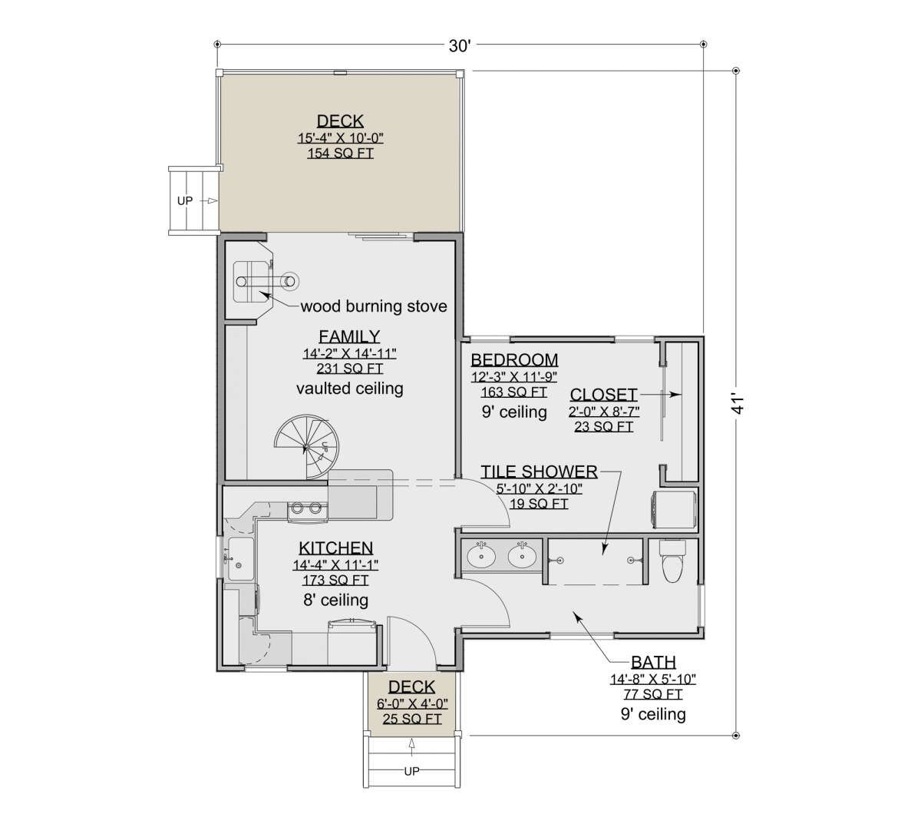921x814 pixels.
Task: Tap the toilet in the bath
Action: pos(672,561)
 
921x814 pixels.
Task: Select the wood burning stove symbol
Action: pos(264,282)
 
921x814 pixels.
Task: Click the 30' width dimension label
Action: pos(460,45)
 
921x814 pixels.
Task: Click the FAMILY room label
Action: pos(349,336)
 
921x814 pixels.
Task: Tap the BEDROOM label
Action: pos(514,360)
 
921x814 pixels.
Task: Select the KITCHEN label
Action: pos(336,548)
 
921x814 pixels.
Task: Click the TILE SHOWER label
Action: pos(539,472)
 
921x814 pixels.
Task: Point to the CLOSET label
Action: pos(604,394)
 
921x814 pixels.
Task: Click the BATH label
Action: pos(653,662)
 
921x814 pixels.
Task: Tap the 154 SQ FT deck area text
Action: pos(340,153)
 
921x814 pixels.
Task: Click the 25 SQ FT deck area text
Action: pos(412,719)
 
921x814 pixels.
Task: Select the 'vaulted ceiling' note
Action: pos(349,388)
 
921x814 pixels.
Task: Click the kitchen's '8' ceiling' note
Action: pos(335,600)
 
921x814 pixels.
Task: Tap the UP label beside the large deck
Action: pos(184,200)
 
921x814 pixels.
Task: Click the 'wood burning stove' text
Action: pos(374,306)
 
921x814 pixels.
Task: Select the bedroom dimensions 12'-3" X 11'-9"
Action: pos(514,377)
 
